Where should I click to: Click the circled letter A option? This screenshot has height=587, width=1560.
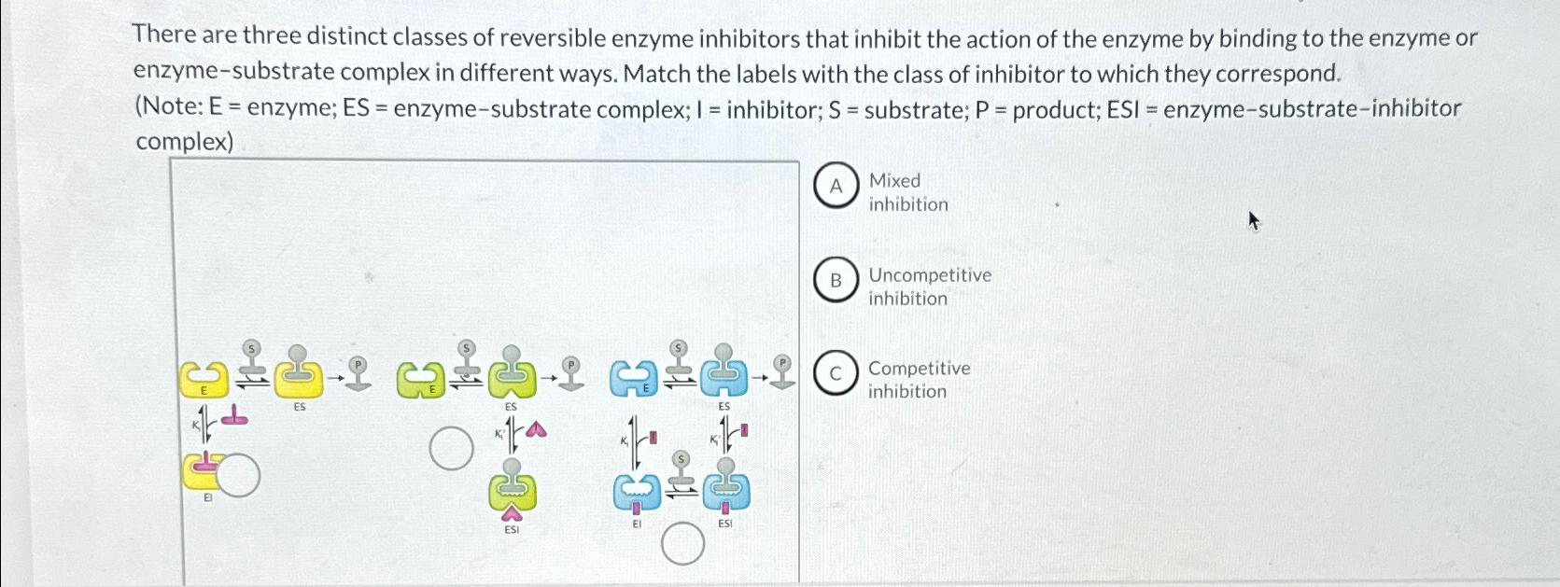point(836,186)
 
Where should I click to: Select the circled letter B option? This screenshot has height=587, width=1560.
point(836,280)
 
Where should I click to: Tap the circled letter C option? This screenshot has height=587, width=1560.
point(836,374)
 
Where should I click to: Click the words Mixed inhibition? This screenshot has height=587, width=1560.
point(907,192)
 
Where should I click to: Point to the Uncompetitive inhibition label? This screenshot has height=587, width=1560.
point(929,287)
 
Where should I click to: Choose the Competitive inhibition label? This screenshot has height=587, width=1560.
point(919,380)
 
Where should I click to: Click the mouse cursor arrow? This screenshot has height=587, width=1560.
point(1254,220)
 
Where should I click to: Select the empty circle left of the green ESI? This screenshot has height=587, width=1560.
point(451,449)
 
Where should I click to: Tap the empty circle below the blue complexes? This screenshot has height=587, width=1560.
point(682,543)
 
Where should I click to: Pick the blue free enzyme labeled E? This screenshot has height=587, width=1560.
point(632,379)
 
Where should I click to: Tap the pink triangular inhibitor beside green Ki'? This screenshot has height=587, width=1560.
point(535,429)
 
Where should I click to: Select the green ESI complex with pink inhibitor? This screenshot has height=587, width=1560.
point(512,491)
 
